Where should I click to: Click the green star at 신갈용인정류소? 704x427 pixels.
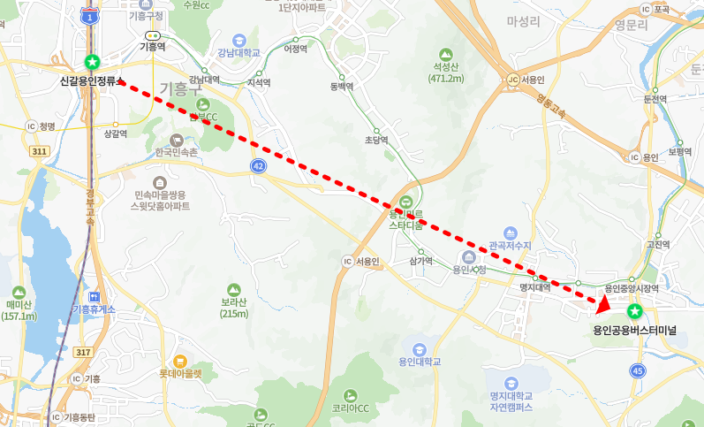[92, 62]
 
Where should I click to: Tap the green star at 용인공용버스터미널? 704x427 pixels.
[634, 312]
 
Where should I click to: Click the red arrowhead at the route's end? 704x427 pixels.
[602, 305]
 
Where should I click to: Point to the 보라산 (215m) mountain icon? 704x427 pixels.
[233, 289]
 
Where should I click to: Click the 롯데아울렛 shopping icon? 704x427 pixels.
[180, 360]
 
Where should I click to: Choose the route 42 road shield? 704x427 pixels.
[257, 166]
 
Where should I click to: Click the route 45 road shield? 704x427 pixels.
[638, 370]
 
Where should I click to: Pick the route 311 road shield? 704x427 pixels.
[39, 152]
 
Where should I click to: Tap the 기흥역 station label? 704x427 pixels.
[153, 47]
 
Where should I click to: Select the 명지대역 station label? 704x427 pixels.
[534, 287]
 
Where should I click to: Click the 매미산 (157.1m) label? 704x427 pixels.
[19, 309]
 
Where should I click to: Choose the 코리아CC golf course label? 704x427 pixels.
[352, 408]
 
